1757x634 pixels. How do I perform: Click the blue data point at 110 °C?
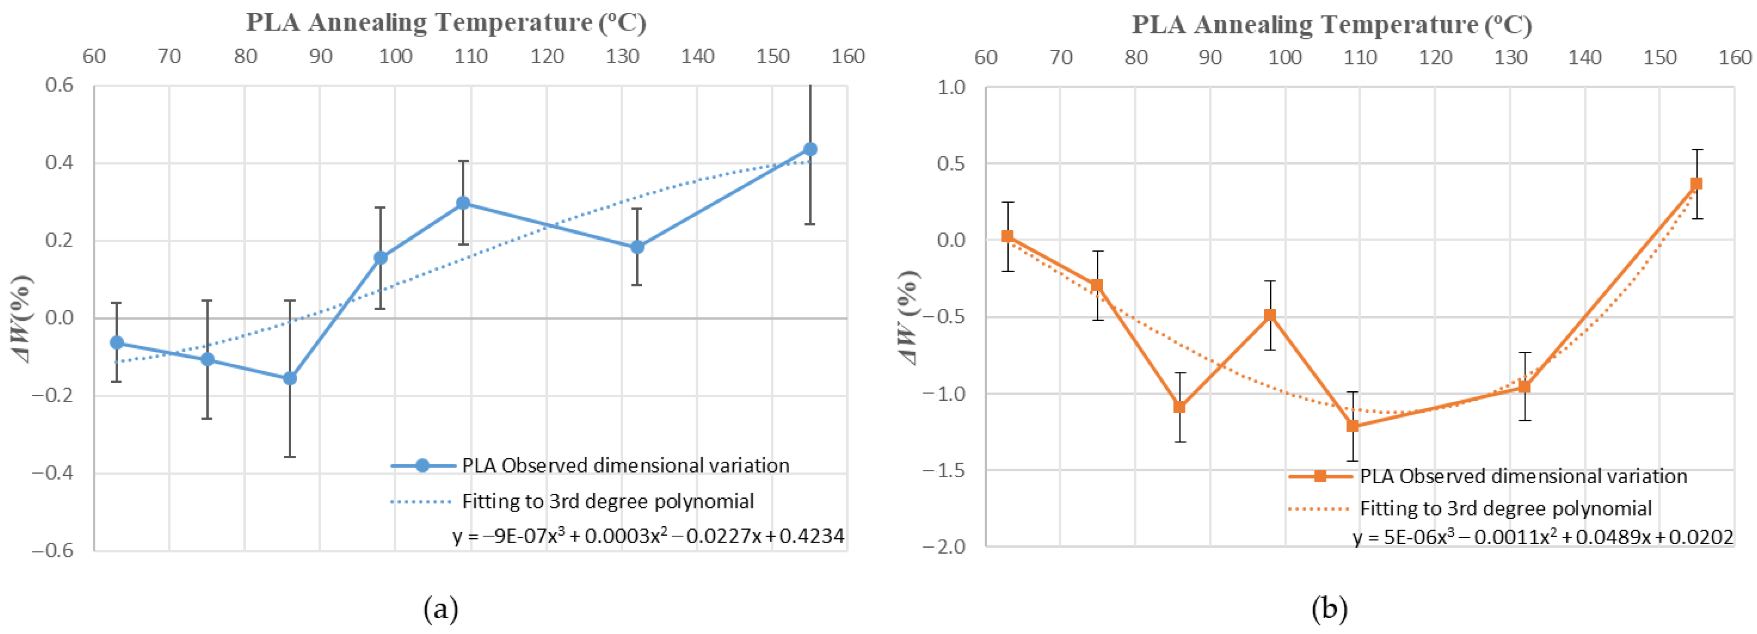(x=463, y=203)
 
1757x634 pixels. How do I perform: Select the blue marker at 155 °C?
(x=810, y=149)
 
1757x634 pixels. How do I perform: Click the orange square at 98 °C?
(x=1269, y=315)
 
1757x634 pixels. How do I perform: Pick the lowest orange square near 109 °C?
(x=1352, y=426)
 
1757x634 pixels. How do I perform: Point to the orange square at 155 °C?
(x=1696, y=184)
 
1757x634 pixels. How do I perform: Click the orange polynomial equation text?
(x=1543, y=538)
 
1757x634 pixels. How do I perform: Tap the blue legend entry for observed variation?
(x=625, y=466)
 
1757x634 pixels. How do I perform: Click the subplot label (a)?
(x=441, y=608)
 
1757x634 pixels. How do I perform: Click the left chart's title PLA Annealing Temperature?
(x=446, y=22)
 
